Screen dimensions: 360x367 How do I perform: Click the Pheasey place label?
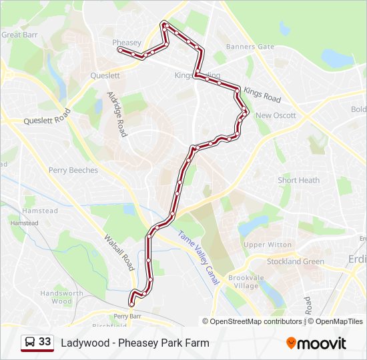tap(127, 43)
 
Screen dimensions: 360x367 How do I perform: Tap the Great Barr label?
tap(20, 35)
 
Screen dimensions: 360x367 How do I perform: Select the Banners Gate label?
tap(250, 47)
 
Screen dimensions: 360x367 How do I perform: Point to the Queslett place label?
tap(105, 76)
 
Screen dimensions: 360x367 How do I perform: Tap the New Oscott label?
tap(276, 115)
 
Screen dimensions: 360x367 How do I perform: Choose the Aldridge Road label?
tap(117, 114)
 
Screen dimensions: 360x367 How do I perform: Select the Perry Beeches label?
tap(73, 170)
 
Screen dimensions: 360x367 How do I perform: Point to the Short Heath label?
tap(299, 180)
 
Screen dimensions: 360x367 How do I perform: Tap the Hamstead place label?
tap(40, 211)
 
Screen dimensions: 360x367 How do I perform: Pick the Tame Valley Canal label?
tap(198, 257)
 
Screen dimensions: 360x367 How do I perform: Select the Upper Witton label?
tap(268, 245)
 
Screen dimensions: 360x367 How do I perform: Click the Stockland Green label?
tap(296, 261)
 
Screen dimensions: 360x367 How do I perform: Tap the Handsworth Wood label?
tap(61, 297)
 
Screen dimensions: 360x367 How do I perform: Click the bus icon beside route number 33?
tap(30, 342)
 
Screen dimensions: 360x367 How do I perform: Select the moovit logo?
tap(316, 343)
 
